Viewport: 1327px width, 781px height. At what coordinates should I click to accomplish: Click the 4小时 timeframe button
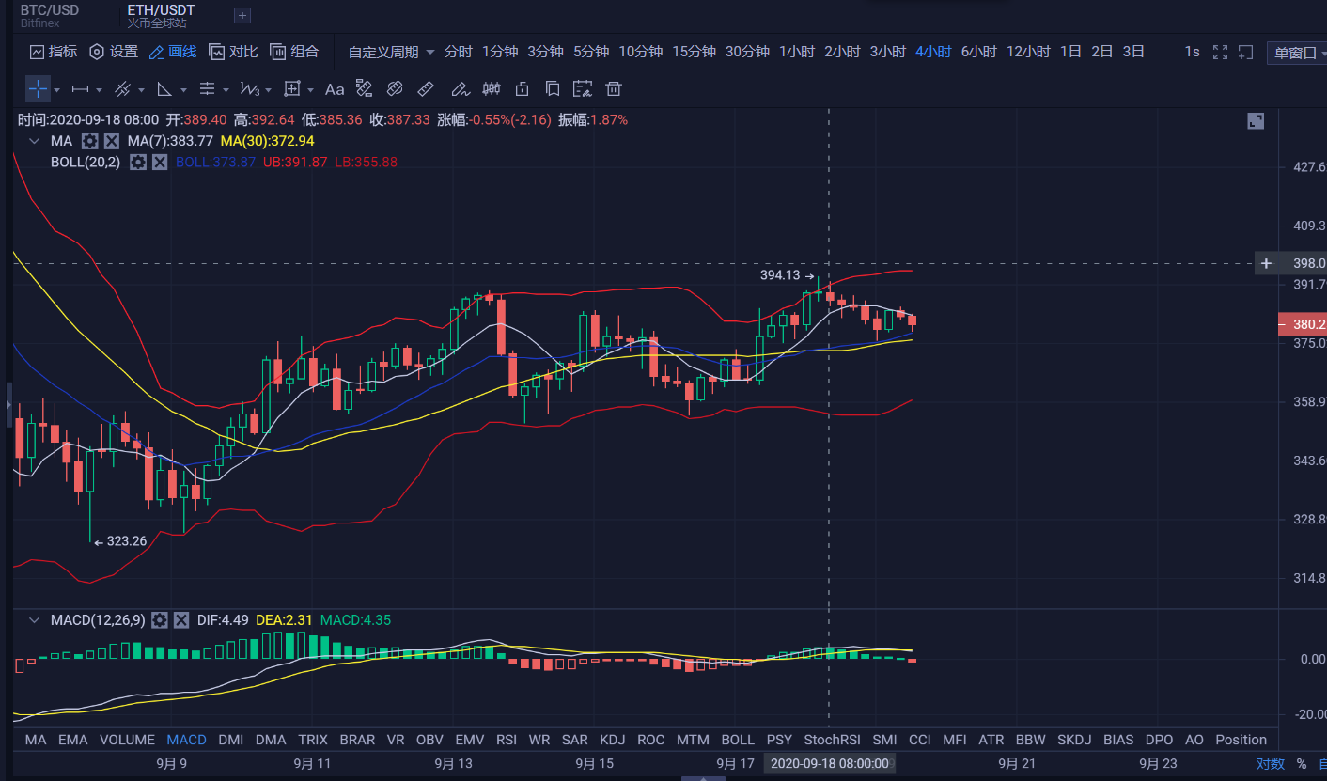pos(933,52)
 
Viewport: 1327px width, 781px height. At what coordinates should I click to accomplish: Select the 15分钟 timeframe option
pos(694,52)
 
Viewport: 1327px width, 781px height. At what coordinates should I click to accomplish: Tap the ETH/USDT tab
pos(161,10)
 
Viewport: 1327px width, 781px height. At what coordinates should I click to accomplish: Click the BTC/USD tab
pos(50,10)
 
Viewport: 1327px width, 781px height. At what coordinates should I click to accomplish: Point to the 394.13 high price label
pos(780,275)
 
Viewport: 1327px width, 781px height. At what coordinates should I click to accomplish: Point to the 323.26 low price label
pos(126,541)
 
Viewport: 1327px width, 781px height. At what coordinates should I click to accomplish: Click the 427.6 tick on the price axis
pos(1309,167)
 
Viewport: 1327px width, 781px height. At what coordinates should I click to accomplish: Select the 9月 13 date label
pos(453,763)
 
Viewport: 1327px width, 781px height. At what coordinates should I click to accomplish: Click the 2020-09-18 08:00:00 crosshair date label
pos(829,763)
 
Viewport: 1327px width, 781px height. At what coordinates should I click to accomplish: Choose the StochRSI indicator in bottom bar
pos(832,740)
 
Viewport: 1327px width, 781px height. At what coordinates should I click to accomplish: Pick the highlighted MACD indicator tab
pos(186,740)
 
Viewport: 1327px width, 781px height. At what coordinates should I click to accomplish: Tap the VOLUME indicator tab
pos(128,740)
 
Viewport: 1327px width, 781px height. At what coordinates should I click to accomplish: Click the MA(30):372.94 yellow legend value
pos(267,141)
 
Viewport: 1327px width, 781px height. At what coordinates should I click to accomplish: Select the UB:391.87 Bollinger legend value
pos(295,162)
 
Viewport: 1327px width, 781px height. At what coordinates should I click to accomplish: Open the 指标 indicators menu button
pos(54,52)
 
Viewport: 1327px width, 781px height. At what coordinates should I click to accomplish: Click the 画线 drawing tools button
pos(173,52)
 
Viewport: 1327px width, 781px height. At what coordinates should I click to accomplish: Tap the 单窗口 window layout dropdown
pos(1296,53)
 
